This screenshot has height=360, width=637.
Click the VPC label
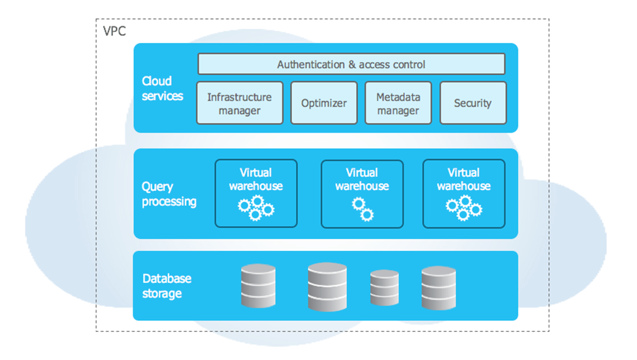(114, 30)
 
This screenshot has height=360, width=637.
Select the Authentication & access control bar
(351, 64)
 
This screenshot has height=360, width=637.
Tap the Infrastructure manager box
(240, 103)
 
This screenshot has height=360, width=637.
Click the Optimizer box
(324, 103)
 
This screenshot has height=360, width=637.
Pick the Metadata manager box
(398, 103)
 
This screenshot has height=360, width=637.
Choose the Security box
(472, 103)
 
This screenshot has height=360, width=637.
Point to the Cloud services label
(161, 88)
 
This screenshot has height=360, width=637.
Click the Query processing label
(169, 194)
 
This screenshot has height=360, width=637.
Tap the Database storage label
(167, 286)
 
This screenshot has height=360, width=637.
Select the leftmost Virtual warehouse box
(256, 193)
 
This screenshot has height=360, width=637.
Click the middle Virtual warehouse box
(362, 193)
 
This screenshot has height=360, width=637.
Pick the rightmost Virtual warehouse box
(464, 193)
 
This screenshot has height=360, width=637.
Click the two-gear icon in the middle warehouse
(363, 208)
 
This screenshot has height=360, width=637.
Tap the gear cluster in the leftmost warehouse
(255, 208)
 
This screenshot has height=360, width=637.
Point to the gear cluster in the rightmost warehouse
(464, 208)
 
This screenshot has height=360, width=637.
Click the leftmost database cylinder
(259, 286)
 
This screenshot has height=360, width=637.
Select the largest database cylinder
(327, 286)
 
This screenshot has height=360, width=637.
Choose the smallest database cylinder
(384, 288)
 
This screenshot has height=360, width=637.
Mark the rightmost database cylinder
(438, 287)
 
